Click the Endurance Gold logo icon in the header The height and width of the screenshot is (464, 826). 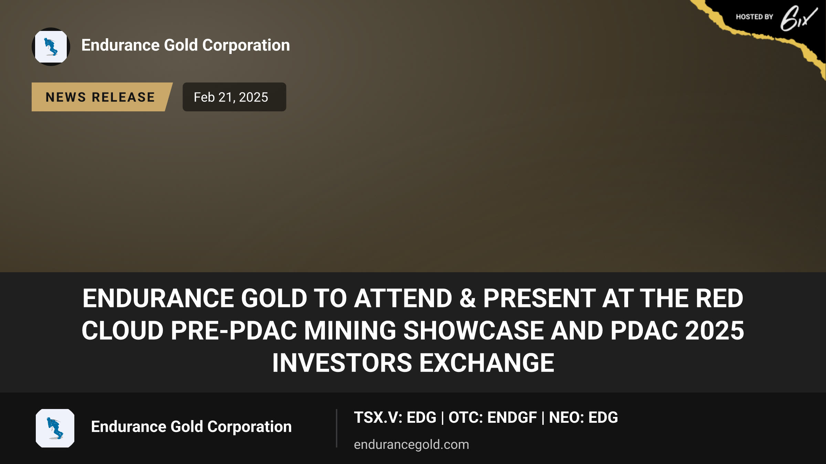point(51,47)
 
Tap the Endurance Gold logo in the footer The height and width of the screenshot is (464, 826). point(55,428)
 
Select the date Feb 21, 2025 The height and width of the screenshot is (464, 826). point(231,97)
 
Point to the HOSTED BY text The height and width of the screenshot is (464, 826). point(754,17)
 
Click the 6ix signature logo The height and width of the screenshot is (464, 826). point(798,18)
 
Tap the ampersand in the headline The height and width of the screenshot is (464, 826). point(467,298)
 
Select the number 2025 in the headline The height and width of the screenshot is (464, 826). point(714,330)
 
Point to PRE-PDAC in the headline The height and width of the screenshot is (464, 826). point(234,330)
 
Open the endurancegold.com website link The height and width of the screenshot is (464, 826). point(411,444)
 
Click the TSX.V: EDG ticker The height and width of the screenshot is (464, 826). point(395,418)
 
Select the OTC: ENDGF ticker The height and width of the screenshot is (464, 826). point(493,418)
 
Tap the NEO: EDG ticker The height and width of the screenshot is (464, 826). point(583,418)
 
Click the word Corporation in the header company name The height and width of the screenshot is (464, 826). point(246,45)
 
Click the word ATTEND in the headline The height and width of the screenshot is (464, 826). point(403,298)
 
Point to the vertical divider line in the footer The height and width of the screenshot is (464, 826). point(337,428)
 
